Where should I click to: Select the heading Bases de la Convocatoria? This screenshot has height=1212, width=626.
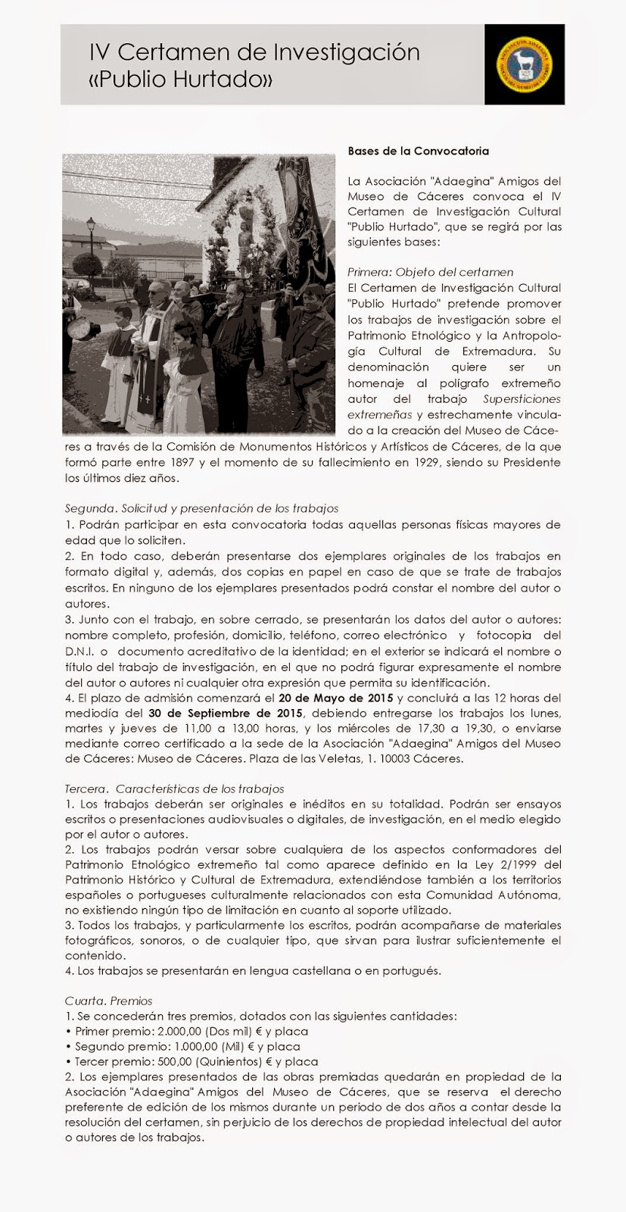418,151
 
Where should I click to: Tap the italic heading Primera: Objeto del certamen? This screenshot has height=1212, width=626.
430,272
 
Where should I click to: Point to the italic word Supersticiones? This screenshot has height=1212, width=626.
522,398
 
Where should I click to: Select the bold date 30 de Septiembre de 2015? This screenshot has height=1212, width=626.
226,714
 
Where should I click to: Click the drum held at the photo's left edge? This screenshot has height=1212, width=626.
78,329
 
